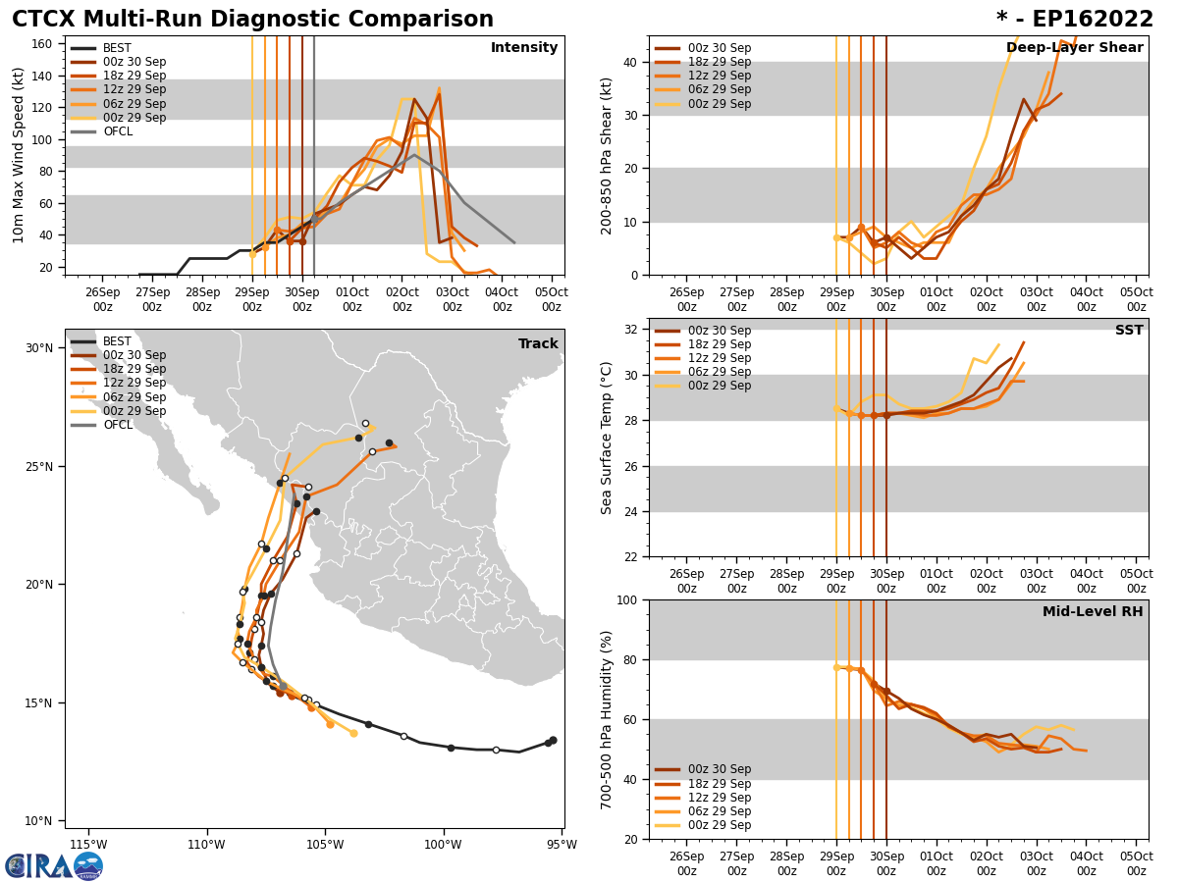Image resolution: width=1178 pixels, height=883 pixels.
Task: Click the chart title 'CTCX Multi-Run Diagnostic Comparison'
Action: (x=252, y=20)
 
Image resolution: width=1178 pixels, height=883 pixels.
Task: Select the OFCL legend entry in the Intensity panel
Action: (x=118, y=131)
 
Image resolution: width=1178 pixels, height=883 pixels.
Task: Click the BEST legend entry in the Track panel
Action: (x=118, y=341)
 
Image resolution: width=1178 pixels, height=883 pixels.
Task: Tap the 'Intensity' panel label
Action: (x=524, y=48)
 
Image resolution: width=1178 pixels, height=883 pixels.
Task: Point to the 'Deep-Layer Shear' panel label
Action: (x=1074, y=48)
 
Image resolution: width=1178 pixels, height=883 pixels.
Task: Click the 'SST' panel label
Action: (x=1129, y=331)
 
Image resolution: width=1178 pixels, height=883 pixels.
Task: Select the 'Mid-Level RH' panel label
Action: (x=1093, y=612)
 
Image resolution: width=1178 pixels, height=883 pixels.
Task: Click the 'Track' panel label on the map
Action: (x=538, y=344)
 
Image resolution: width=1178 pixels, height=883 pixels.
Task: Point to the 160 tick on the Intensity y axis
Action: (x=42, y=44)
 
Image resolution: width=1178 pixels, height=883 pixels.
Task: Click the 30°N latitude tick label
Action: (x=38, y=348)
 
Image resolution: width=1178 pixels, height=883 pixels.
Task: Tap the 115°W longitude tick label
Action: (x=88, y=845)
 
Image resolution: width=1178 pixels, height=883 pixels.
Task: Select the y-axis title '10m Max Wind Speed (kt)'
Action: (x=19, y=155)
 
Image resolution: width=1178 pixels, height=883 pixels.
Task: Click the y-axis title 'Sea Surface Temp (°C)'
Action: (x=607, y=438)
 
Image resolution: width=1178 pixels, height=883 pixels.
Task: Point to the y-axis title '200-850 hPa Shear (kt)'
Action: (x=607, y=155)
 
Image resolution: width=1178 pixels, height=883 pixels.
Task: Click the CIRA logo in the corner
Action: (x=54, y=865)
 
